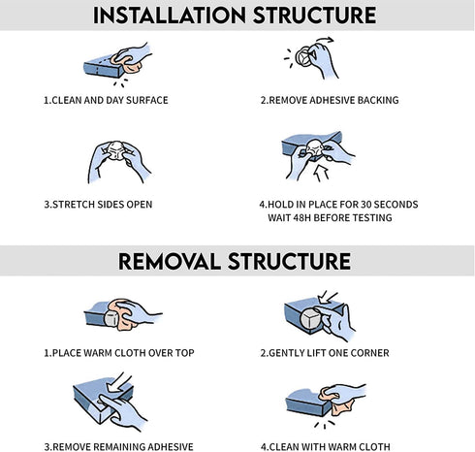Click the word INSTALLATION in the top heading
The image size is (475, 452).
pyautogui.click(x=170, y=16)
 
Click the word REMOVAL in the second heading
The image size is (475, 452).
pyautogui.click(x=170, y=261)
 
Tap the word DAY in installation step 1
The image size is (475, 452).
pyautogui.click(x=114, y=100)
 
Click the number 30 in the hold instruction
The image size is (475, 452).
pyautogui.click(x=366, y=205)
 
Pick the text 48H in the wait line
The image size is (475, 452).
pyautogui.click(x=301, y=217)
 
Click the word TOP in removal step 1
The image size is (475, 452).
pyautogui.click(x=185, y=353)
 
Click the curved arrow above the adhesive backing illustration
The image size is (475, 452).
pyautogui.click(x=325, y=40)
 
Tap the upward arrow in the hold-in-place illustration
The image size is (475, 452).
pyautogui.click(x=322, y=173)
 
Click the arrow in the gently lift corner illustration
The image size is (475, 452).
pyautogui.click(x=327, y=297)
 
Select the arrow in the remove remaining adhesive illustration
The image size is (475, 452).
pyautogui.click(x=118, y=383)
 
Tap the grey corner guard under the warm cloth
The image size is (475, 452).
pyautogui.click(x=111, y=318)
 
